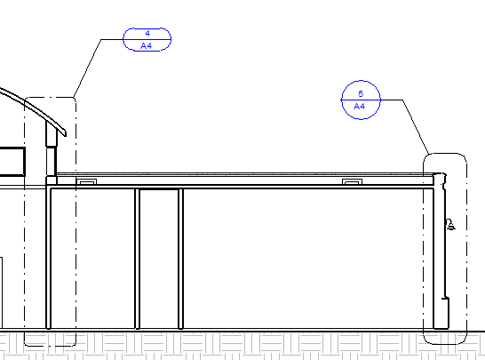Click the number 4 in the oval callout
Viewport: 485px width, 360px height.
click(147, 34)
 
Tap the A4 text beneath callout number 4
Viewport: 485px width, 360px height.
click(147, 46)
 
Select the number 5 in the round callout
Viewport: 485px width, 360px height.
click(361, 94)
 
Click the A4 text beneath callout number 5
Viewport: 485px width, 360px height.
click(359, 107)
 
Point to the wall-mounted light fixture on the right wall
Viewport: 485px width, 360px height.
click(450, 224)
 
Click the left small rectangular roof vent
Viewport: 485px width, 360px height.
click(86, 181)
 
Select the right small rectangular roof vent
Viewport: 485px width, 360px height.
click(352, 181)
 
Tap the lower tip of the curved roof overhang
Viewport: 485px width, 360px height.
click(65, 134)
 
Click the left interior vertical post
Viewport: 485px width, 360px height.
click(138, 259)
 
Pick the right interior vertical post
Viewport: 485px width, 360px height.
click(181, 259)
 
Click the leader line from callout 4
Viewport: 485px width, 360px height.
click(88, 68)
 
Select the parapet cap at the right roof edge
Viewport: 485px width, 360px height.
click(440, 179)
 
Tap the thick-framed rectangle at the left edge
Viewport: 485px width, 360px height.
click(12, 162)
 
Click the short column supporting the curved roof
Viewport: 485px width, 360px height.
click(52, 148)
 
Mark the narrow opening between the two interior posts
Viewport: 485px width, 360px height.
click(159, 259)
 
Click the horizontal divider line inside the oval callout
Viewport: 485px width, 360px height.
click(147, 40)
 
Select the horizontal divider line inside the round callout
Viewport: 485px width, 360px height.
click(361, 100)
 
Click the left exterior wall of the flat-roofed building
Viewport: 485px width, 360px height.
click(48, 258)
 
